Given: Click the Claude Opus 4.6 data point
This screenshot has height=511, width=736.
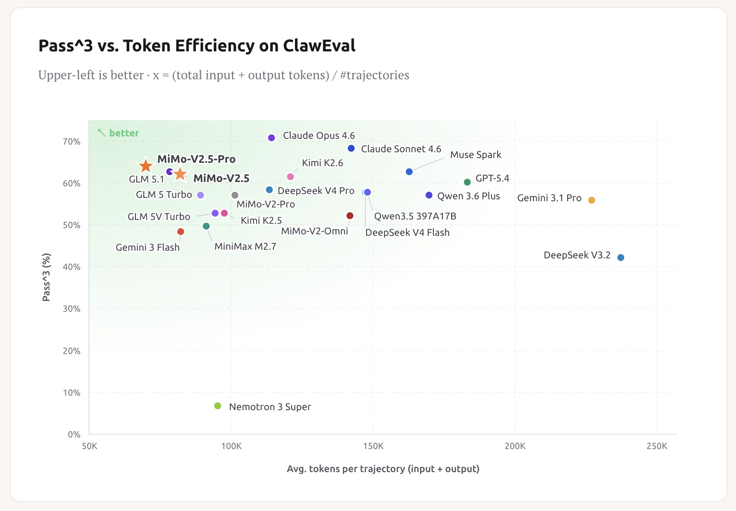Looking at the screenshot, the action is pos(271,138).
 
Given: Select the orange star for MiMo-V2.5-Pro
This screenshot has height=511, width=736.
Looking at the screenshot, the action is pos(146,166).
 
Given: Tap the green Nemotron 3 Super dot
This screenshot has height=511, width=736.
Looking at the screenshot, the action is pos(218,406).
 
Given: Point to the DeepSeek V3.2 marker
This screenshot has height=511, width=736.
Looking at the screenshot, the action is pos(621,257).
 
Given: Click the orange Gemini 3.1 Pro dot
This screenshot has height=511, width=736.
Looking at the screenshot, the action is pos(591,200).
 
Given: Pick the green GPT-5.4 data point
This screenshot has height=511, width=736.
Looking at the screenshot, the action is pos(467,182).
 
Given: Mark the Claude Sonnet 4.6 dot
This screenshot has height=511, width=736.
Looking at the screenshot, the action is pos(351,148).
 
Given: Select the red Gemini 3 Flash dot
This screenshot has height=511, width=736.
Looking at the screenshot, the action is pos(180,231).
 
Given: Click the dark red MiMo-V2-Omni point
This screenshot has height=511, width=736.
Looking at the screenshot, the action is pos(350,216).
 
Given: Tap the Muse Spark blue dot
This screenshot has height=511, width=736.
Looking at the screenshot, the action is pos(409,172).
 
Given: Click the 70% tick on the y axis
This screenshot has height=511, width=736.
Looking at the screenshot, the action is pos(72,142).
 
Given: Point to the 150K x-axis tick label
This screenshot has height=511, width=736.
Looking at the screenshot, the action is pos(373,446).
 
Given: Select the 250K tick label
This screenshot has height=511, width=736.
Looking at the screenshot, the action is pos(657,446).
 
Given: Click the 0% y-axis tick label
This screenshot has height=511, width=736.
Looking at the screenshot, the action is pos(74,435).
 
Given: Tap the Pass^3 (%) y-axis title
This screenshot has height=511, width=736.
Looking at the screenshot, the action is pos(46,277).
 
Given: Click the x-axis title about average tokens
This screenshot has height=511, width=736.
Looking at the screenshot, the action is pos(383,469).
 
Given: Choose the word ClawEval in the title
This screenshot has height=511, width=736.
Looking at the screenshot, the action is pos(319,45).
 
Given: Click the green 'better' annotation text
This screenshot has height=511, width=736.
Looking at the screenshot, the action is pos(124,133).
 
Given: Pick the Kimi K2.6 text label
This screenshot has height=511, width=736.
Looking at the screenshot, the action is pos(322,163).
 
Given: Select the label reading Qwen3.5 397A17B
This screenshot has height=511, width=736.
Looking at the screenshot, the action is pos(415,216).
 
